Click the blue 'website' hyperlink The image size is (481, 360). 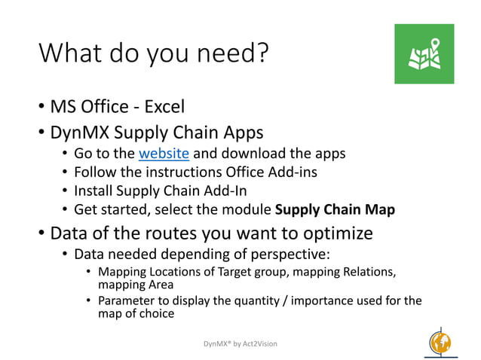tap(164, 154)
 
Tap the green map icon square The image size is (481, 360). tap(424, 53)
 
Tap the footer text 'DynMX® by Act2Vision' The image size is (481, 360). tap(240, 343)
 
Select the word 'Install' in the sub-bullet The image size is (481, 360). tap(94, 190)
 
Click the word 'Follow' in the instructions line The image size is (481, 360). tap(96, 172)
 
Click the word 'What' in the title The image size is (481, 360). tap(68, 53)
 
